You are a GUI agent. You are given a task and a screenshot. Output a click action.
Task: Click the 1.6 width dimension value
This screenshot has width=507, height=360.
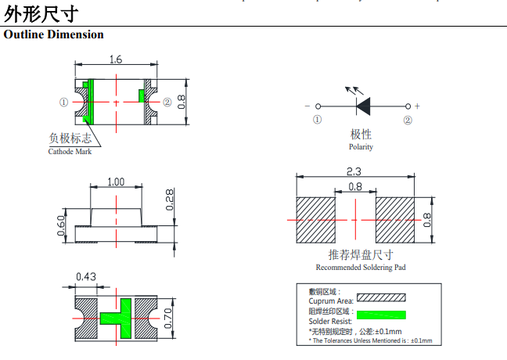coord(116,59)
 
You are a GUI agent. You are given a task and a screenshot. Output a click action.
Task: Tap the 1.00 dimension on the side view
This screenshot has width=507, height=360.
coord(116,182)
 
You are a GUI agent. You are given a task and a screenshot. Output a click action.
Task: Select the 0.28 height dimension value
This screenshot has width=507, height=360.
coord(170,200)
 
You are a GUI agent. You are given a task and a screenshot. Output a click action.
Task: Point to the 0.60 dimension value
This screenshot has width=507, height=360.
coord(61,225)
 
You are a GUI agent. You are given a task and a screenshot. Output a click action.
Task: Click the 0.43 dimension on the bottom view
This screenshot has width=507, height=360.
coord(86,277)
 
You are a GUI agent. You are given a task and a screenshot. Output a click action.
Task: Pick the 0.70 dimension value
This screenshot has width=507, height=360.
coord(167,319)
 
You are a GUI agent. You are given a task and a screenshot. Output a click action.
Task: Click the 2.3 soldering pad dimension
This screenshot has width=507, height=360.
coord(354,171)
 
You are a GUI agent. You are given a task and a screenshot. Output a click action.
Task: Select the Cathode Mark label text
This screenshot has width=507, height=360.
coord(70,151)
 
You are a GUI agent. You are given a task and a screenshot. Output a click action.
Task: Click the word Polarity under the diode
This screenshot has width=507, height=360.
coord(361,147)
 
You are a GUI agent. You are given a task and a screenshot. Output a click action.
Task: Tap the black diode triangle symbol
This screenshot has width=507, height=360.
coord(364,106)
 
